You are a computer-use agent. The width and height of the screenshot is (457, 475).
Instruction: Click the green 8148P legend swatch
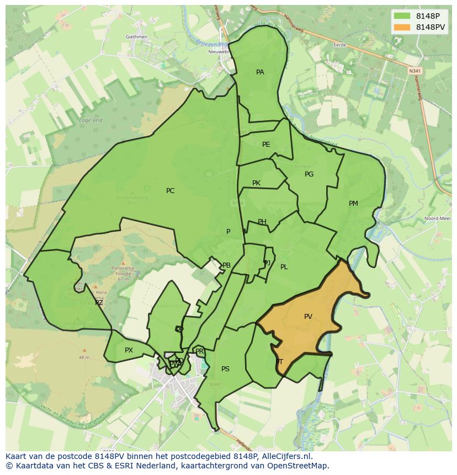point(403,15)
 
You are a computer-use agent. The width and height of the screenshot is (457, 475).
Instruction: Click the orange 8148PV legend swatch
point(403,27)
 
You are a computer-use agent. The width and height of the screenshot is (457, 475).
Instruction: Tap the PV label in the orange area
point(308,317)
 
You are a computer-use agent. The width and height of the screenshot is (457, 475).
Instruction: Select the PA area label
point(260,72)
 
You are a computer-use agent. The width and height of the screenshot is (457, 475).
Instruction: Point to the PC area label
point(170,191)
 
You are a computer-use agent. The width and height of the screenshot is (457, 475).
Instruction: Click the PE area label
point(266,145)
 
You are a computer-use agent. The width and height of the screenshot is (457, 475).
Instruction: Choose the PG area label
point(309,174)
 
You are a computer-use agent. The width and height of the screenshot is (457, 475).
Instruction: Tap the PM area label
point(353,204)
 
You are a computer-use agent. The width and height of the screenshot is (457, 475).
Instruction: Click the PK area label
point(256,183)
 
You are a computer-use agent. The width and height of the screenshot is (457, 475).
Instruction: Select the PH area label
point(262,222)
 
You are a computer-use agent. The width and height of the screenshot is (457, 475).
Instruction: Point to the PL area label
point(284,267)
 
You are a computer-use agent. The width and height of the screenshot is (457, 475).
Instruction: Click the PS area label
point(225,369)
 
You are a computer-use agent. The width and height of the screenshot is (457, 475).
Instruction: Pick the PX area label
point(129,350)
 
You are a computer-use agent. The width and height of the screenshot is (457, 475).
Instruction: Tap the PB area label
point(226,265)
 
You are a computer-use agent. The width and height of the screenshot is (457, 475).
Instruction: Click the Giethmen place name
point(136,37)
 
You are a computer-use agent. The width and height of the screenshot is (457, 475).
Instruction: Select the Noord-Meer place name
point(437,218)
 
